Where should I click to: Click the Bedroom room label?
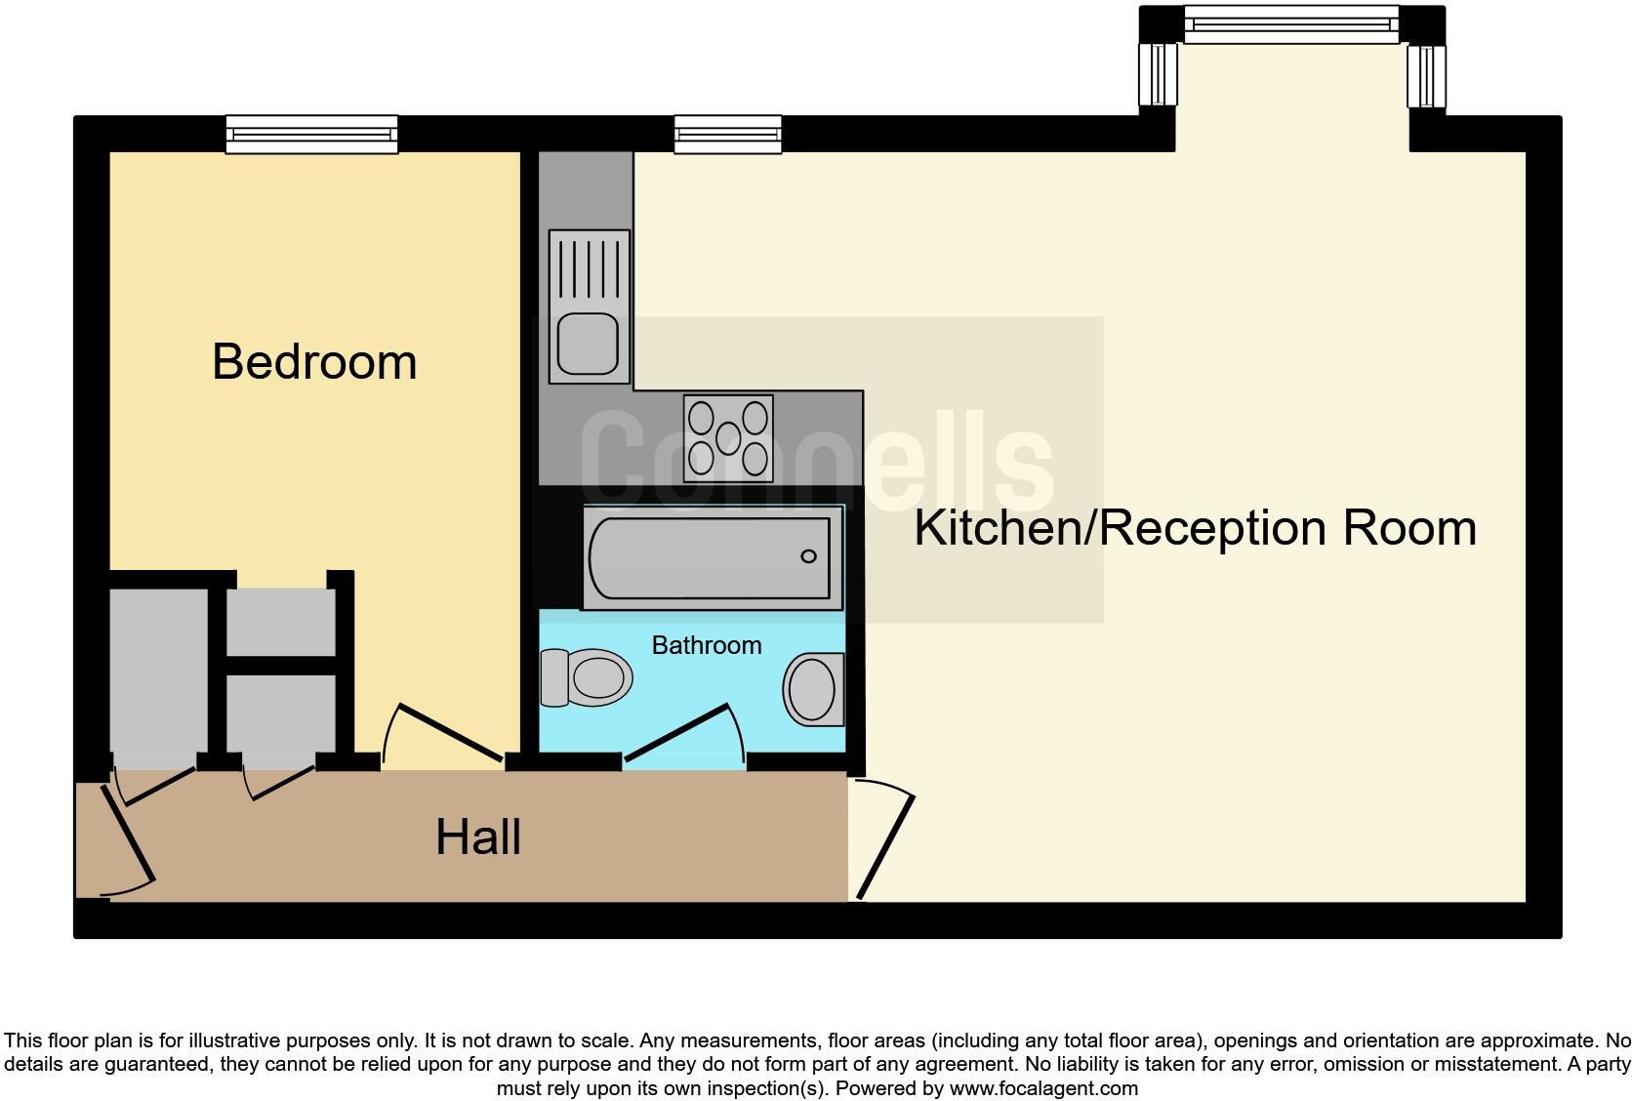314,362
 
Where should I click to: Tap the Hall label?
477,837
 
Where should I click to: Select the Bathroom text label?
706,645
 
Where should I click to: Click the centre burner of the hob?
728,438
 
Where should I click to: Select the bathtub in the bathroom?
711,557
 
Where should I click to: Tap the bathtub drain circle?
808,556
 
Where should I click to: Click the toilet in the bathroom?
586,676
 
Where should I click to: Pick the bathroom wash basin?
813,689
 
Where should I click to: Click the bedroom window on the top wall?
311,134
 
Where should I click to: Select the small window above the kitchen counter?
727,134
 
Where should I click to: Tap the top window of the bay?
1290,23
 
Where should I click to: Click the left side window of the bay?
1159,75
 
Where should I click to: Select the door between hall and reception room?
886,845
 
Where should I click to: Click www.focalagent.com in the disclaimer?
1042,1087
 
